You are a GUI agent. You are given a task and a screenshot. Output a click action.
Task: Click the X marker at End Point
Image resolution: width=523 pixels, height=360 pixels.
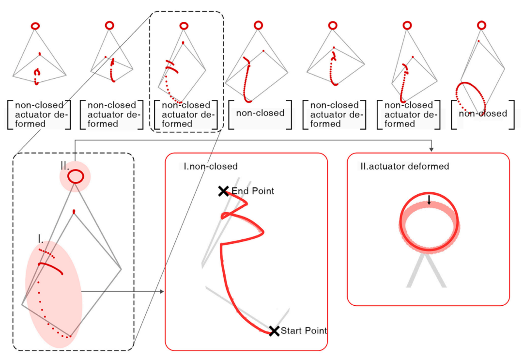[x=223, y=191]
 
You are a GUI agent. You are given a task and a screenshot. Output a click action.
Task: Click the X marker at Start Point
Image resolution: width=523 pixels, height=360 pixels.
[x=274, y=331]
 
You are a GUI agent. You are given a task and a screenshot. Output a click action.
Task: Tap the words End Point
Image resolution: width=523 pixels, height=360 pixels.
[x=253, y=191]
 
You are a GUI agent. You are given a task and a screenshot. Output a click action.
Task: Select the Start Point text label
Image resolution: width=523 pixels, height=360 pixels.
[x=304, y=331]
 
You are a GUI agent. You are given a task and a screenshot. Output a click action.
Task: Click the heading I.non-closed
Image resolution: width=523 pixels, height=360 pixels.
[x=211, y=166]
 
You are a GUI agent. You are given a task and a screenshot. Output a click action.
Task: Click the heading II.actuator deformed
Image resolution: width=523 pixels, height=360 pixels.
[x=405, y=166]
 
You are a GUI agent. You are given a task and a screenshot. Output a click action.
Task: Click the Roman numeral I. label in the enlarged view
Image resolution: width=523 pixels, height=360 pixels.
[x=41, y=238]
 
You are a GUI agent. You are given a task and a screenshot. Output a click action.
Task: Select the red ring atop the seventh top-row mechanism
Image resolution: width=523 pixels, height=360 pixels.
[x=481, y=25]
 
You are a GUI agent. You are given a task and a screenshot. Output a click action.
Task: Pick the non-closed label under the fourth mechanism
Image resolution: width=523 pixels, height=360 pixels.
[x=260, y=113]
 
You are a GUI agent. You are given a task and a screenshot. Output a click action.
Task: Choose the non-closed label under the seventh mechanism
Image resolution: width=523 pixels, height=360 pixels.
[x=483, y=113]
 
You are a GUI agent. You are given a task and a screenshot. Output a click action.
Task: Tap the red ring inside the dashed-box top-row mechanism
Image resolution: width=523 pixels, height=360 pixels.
[x=184, y=25]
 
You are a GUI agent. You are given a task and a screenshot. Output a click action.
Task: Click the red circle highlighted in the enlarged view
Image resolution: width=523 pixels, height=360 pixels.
[x=75, y=177]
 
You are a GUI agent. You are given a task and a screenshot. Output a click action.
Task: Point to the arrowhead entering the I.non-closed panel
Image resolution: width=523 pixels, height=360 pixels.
[x=161, y=292]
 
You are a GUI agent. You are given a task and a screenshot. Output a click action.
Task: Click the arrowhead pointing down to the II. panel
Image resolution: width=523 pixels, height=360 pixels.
[x=431, y=148]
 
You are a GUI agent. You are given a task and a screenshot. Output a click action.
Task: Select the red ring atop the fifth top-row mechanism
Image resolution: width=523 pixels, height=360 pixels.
[x=333, y=25]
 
